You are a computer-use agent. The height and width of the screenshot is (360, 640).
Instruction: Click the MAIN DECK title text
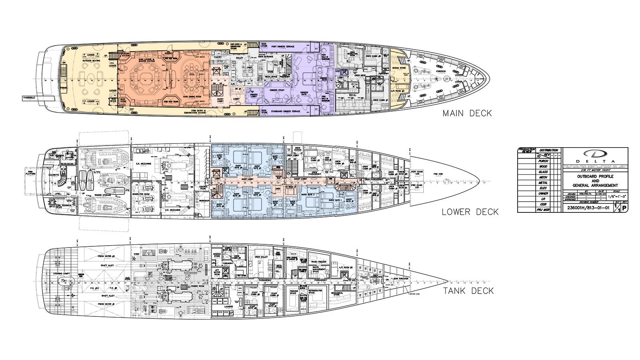(x=467, y=114)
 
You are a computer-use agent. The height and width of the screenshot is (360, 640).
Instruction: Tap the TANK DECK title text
(x=468, y=291)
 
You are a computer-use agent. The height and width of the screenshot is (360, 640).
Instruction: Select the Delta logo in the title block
(x=595, y=154)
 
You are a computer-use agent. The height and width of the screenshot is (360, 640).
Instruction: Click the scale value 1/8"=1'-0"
(x=616, y=196)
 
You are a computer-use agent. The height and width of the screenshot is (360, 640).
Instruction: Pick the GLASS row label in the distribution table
(x=543, y=172)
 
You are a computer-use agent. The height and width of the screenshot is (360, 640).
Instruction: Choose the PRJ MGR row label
(x=543, y=210)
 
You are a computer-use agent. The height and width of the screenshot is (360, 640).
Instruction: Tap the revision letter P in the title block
(x=624, y=208)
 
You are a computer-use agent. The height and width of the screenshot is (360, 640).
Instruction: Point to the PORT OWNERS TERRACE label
(x=282, y=47)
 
